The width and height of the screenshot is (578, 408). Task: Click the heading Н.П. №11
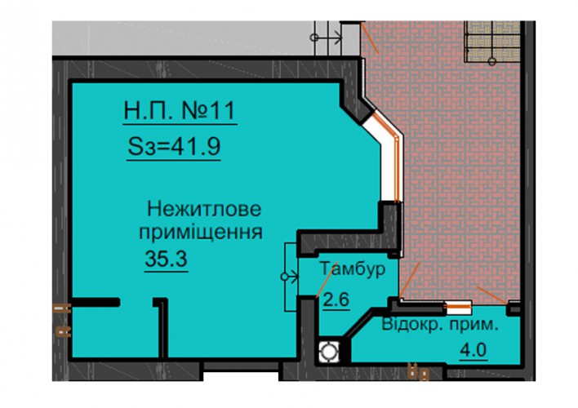coord(180,110)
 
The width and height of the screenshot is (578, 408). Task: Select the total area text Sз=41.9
coord(174,146)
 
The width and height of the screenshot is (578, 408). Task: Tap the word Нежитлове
coord(204,209)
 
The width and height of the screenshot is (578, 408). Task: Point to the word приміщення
coord(201,233)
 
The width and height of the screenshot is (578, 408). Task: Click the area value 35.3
coord(167,259)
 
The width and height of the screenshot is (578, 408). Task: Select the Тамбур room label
coord(353,268)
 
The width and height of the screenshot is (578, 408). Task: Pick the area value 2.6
coord(336,299)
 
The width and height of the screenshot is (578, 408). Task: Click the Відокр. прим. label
coord(439,325)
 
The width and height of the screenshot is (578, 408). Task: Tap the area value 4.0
coord(474,349)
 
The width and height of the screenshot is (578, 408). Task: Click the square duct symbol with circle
coord(329,351)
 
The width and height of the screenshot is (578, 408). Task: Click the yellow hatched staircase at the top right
coord(492,41)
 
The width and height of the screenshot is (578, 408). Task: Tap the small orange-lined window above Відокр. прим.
coord(458,307)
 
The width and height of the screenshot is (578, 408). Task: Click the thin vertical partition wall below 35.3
coord(162,327)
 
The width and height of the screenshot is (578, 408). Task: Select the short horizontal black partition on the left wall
coord(95,302)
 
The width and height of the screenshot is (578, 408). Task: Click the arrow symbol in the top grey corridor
coord(327,38)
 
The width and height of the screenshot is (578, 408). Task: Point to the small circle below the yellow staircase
coord(492,61)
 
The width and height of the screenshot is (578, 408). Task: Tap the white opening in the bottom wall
coord(241,375)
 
